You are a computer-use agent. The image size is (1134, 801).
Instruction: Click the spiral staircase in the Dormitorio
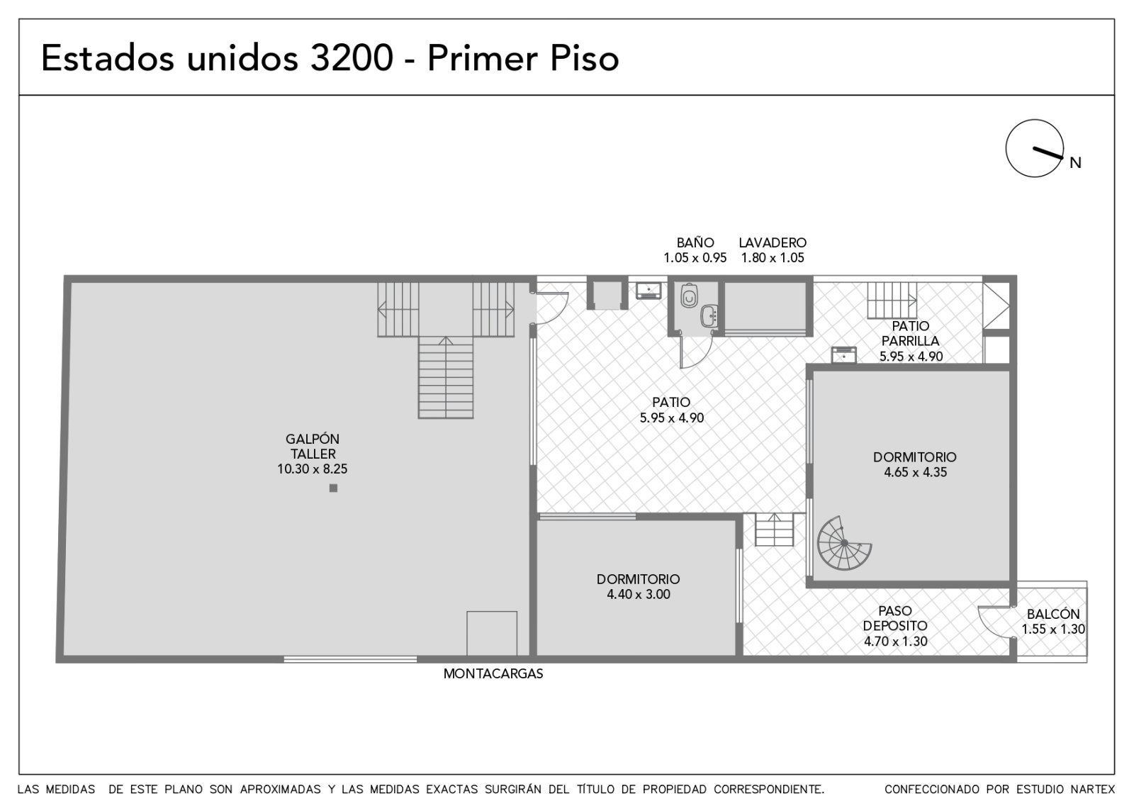click(843, 543)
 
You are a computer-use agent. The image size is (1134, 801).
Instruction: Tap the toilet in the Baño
click(689, 296)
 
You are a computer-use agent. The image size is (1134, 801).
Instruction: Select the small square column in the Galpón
click(333, 488)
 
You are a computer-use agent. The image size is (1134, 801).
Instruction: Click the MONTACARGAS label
click(493, 673)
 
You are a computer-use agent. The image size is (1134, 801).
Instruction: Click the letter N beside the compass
click(1075, 162)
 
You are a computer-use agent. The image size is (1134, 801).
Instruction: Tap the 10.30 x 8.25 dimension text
click(313, 469)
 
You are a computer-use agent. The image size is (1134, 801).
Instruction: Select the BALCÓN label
click(1053, 614)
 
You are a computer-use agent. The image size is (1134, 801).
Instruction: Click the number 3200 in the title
click(352, 57)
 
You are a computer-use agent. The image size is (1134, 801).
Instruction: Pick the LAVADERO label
click(773, 242)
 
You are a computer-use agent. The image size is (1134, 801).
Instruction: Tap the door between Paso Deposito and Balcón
click(995, 623)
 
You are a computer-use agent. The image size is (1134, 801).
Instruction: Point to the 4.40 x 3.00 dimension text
click(639, 595)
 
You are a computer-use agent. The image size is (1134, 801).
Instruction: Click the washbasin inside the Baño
click(709, 315)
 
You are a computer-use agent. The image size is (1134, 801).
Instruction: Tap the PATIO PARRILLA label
click(910, 333)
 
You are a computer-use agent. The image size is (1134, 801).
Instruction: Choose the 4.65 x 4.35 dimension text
click(915, 472)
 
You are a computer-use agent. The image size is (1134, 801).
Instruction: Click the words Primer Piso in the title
click(523, 59)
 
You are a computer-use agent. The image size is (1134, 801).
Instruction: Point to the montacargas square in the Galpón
click(492, 634)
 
